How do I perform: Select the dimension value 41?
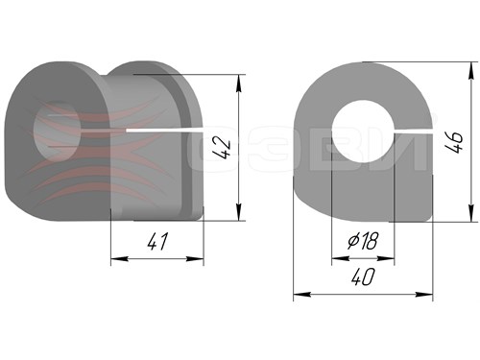(x=157, y=242)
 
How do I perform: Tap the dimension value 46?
(x=454, y=142)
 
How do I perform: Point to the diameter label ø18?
(x=363, y=240)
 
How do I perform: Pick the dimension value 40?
(x=363, y=276)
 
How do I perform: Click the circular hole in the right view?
(x=363, y=131)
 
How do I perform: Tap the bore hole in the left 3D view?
(x=57, y=131)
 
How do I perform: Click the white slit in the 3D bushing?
(x=165, y=130)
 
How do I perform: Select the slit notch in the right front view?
(x=413, y=131)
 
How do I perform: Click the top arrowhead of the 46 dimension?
(x=470, y=70)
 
